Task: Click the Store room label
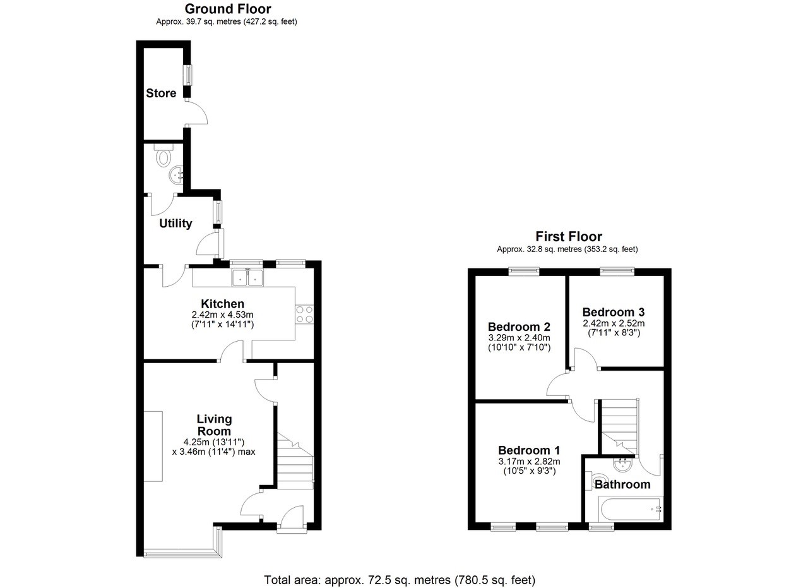161,93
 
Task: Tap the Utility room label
175,224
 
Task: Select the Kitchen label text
222,304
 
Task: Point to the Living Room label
214,425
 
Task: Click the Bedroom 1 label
529,450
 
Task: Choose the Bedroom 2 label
519,327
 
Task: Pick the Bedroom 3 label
614,312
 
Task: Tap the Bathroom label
622,484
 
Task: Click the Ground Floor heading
228,9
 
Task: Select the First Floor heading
569,237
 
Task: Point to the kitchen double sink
247,278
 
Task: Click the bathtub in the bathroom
629,507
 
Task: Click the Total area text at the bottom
400,580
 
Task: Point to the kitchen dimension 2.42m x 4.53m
222,315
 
